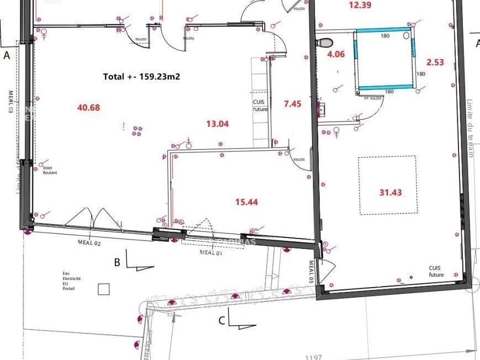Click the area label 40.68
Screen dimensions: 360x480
coord(88,108)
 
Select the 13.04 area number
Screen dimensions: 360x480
coord(217,124)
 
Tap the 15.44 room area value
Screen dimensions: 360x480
coord(246,202)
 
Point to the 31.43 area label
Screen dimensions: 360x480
coord(391,193)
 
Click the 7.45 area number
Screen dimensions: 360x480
coord(292,103)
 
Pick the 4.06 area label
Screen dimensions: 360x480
coord(336,54)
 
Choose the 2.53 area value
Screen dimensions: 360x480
coord(435,62)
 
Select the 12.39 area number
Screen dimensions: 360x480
coord(360,6)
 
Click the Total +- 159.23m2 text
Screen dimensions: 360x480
coord(141,77)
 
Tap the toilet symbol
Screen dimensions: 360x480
coord(326,42)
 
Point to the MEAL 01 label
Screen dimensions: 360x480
coord(210,253)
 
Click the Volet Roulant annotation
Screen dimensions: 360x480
coord(50,170)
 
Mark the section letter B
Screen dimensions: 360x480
coord(117,262)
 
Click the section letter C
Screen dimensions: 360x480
coord(221,320)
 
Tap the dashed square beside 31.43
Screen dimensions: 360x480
coord(387,184)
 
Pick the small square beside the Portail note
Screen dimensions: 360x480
coord(103,288)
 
